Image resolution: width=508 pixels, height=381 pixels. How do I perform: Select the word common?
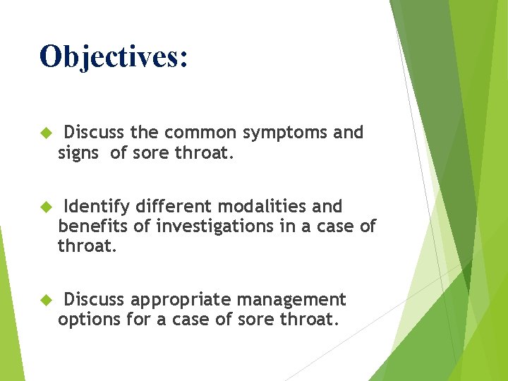click(x=203, y=133)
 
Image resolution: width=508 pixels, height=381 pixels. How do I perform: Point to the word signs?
click(x=79, y=153)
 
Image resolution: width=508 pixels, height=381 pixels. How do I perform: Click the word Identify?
click(x=97, y=207)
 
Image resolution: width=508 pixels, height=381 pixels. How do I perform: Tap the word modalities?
click(x=262, y=207)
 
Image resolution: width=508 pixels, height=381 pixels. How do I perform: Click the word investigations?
click(x=216, y=226)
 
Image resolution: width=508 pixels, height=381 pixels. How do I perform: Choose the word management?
click(x=291, y=300)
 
